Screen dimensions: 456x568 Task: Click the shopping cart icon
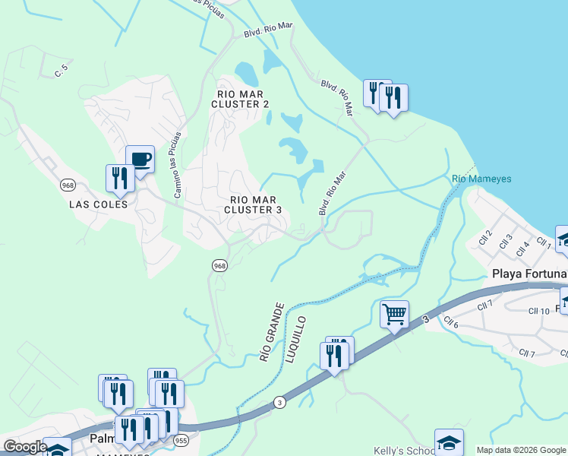(x=395, y=314)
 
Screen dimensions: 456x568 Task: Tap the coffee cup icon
(x=140, y=160)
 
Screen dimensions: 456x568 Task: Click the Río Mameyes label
(x=481, y=179)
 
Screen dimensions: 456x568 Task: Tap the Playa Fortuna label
(x=529, y=274)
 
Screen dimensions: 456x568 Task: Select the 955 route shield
(x=181, y=439)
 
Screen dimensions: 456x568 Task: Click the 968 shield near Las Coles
(x=68, y=185)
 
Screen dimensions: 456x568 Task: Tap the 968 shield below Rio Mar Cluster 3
(x=219, y=265)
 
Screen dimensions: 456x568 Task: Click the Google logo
(x=25, y=447)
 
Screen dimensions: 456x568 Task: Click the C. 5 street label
(x=62, y=71)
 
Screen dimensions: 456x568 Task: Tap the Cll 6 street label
(x=451, y=322)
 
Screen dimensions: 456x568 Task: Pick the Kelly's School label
(x=403, y=451)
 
